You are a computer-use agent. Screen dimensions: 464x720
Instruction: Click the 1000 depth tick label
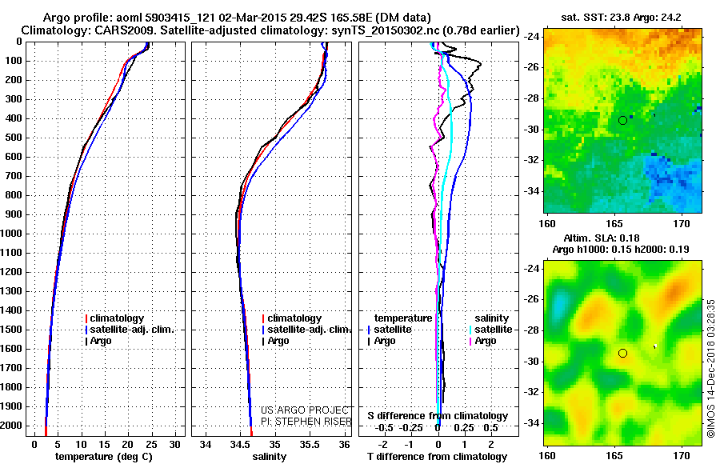pyautogui.click(x=13, y=234)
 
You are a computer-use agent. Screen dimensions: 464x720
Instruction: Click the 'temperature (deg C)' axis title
pyautogui.click(x=105, y=457)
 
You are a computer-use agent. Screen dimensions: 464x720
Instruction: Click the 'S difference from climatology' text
pyautogui.click(x=438, y=416)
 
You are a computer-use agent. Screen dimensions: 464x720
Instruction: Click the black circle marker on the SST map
pyautogui.click(x=622, y=120)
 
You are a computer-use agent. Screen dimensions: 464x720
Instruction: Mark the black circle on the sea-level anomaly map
pyautogui.click(x=622, y=353)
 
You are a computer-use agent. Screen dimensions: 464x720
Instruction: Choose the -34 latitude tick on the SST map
pyautogui.click(x=532, y=191)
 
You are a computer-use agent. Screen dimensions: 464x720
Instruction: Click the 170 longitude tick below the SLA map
pyautogui.click(x=682, y=454)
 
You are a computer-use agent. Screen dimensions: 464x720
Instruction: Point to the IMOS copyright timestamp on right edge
pyautogui.click(x=710, y=368)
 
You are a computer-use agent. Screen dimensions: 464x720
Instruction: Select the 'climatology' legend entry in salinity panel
pyautogui.click(x=294, y=318)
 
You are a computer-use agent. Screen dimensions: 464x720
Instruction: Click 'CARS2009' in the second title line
pyautogui.click(x=103, y=30)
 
